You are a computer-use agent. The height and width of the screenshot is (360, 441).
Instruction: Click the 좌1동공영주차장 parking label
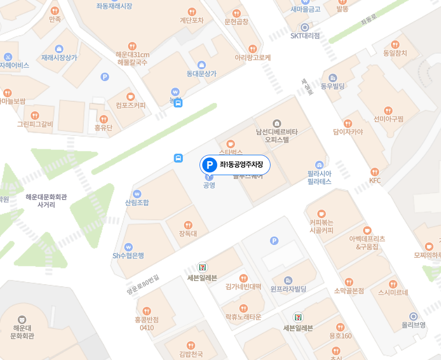pos(241,165)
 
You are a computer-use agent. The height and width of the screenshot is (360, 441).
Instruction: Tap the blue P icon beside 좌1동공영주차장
pos(208,165)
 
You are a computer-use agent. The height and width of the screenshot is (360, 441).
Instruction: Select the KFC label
pos(375,181)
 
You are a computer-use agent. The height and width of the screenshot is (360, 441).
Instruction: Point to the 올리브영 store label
pos(414,325)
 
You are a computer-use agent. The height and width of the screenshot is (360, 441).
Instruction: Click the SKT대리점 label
pos(305,36)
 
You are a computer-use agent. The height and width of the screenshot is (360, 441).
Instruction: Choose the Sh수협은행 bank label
pos(128,255)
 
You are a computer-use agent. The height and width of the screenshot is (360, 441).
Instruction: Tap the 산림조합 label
pos(137,203)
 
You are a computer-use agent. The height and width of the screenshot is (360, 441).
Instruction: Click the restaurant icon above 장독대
pos(188,225)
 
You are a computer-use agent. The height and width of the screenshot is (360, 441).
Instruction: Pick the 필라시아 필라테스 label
pos(319,178)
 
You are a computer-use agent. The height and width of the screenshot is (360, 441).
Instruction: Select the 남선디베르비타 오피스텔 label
pos(276,135)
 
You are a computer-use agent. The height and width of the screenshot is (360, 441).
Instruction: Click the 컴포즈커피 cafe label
pos(130,105)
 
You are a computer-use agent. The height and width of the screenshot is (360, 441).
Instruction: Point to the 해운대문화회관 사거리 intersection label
pos(46,200)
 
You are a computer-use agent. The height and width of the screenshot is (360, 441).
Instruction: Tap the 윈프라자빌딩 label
pos(288,289)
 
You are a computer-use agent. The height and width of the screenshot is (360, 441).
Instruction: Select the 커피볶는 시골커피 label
pos(321,226)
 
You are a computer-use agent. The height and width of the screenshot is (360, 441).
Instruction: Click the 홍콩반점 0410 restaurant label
pos(147,323)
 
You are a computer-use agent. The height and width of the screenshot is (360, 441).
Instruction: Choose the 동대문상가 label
pos(201,74)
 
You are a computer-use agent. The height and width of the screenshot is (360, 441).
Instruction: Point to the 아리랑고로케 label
pos(252,57)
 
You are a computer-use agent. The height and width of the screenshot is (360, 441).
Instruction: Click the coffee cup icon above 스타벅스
pos(230,143)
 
